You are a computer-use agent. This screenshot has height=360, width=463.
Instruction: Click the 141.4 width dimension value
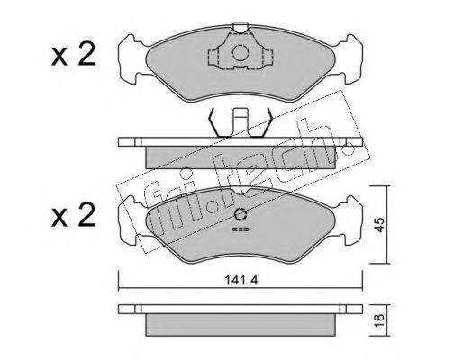coord(241,280)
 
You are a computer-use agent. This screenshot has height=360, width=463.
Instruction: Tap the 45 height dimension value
coord(379,225)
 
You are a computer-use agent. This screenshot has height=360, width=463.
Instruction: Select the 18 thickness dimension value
coord(379,320)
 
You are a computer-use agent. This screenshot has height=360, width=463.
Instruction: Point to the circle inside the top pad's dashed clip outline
coord(241,53)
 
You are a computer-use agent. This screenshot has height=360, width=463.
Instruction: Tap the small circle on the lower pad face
coord(241,214)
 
